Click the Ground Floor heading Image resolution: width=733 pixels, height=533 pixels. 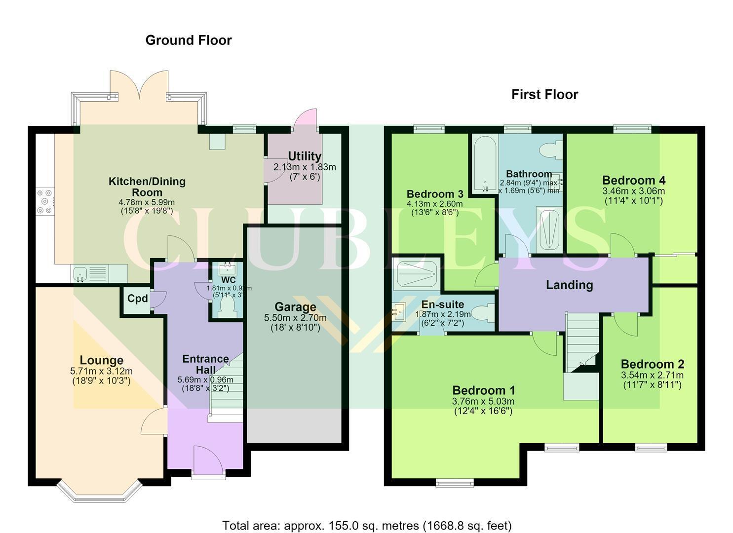point(189,40)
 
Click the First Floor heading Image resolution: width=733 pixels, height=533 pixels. point(545,95)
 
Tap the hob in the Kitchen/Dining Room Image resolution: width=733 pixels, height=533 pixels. point(45,201)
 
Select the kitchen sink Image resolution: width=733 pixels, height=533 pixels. point(80,273)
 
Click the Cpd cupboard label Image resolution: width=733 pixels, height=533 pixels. point(137,299)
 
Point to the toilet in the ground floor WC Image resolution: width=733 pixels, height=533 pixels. point(228,307)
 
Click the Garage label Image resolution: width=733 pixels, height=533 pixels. point(296,306)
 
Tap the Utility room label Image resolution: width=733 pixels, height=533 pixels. point(305,156)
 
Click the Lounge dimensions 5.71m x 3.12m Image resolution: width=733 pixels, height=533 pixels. point(101,371)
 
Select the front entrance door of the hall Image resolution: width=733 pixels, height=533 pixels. point(208,460)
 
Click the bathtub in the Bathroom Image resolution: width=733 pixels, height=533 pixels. point(485,163)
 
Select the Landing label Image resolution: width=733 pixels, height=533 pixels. point(570,285)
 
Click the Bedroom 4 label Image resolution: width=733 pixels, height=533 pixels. point(634,180)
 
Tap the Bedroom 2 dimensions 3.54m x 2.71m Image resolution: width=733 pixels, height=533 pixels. point(652,375)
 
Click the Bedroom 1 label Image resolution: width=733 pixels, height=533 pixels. point(484,390)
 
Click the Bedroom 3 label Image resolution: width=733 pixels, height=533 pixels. point(435,194)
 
